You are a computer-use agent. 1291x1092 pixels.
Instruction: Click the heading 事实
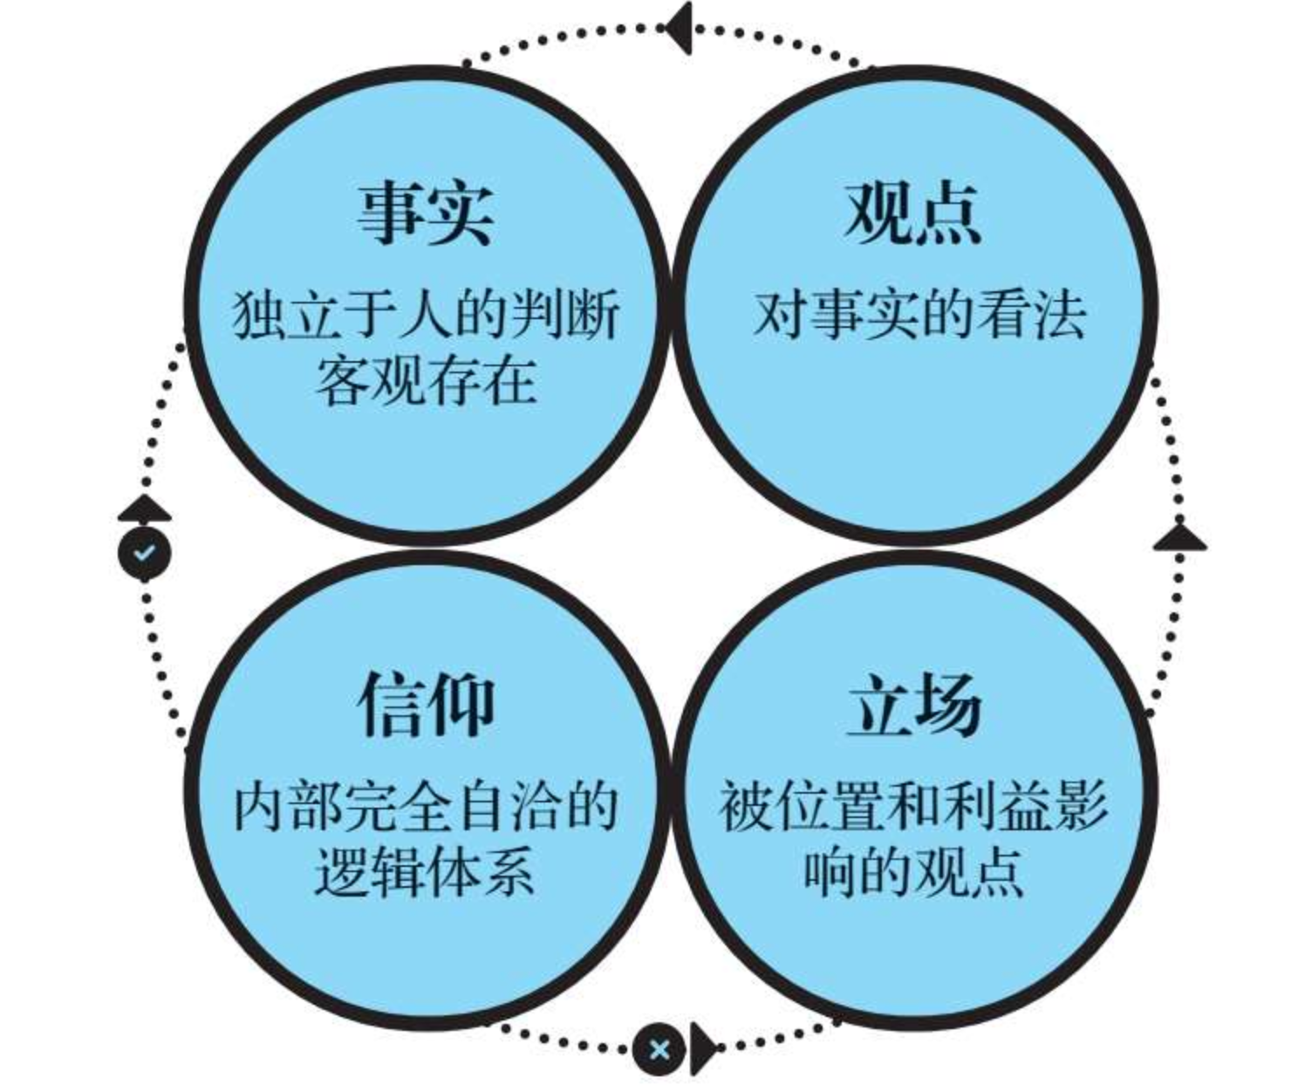coord(425,213)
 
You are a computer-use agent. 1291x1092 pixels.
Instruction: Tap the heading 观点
coord(913,213)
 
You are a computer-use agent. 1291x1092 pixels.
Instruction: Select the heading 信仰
coord(425,705)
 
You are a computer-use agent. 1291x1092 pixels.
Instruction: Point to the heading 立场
coord(913,705)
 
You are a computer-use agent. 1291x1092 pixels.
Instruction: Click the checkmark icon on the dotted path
coord(144,552)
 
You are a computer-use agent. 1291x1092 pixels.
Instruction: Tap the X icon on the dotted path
coord(659,1048)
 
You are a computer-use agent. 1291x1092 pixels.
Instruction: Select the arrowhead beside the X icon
coord(703,1048)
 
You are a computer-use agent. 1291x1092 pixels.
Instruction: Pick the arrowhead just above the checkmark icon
coord(144,508)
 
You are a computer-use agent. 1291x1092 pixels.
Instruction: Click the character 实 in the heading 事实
coord(459,213)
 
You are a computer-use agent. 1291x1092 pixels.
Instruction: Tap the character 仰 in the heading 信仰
coord(460,705)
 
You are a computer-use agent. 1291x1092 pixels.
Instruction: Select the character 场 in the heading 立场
coord(948,705)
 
